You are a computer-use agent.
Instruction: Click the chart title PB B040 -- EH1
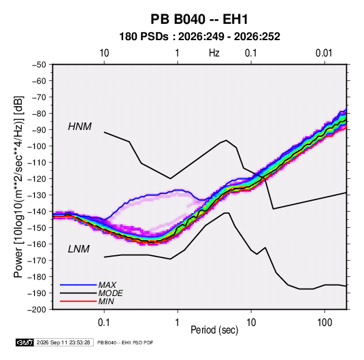tap(199, 19)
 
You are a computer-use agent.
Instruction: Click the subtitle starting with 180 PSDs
tap(199, 37)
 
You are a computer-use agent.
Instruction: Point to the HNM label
tap(80, 127)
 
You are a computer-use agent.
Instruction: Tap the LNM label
tap(79, 249)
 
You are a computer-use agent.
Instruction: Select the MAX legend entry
tap(107, 284)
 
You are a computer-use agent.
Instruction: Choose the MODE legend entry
tap(110, 293)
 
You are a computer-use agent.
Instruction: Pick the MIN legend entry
tap(106, 301)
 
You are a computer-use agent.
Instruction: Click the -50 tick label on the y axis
tap(39, 65)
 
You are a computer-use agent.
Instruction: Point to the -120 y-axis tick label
tap(37, 179)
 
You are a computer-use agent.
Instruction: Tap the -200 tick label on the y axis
tap(37, 310)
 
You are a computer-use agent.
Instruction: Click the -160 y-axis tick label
tap(37, 244)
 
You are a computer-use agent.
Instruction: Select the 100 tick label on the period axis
tap(325, 323)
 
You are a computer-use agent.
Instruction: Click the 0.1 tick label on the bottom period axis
tap(104, 323)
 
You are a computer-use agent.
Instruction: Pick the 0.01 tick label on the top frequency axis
tap(324, 53)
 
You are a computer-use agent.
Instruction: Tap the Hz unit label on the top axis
tap(214, 53)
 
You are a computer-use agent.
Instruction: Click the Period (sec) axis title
tap(214, 330)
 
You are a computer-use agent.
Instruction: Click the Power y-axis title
tap(18, 187)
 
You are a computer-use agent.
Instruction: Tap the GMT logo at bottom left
tap(25, 342)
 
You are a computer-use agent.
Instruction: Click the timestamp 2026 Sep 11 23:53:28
tap(63, 342)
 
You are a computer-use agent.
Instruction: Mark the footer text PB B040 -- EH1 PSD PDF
tap(125, 342)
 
